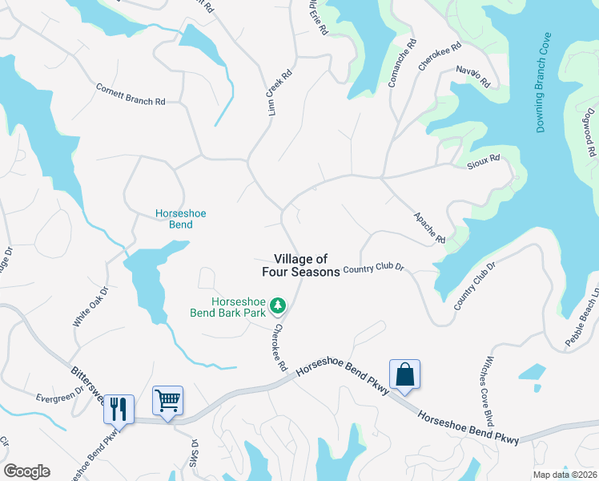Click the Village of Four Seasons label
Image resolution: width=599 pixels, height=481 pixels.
[301, 265]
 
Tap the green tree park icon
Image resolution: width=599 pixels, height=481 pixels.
[278, 305]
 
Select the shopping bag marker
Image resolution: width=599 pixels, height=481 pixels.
[404, 374]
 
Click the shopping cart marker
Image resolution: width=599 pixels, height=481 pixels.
[167, 400]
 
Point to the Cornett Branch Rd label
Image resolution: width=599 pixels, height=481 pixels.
[131, 95]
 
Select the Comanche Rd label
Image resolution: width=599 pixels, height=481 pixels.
[404, 63]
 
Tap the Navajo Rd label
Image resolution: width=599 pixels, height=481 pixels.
[473, 76]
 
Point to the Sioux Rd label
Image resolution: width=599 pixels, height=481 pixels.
[483, 160]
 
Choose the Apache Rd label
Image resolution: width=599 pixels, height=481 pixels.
[429, 228]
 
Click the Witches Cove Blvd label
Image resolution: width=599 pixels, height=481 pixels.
[487, 392]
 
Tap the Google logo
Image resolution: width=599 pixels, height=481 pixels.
[26, 471]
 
